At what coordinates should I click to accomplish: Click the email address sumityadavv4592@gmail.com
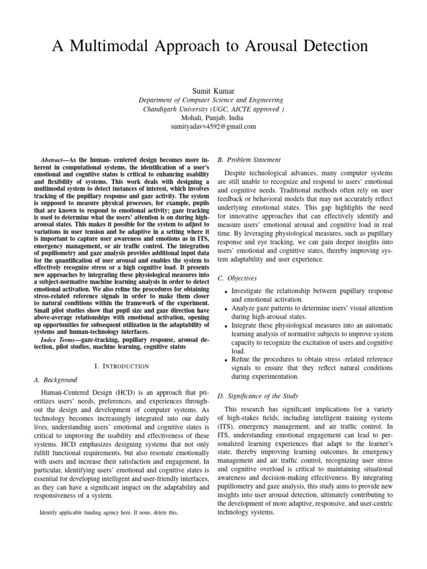pos(213,127)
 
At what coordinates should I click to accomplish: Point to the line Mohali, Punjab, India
pos(213,118)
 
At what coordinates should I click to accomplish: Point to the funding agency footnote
pos(109,512)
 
